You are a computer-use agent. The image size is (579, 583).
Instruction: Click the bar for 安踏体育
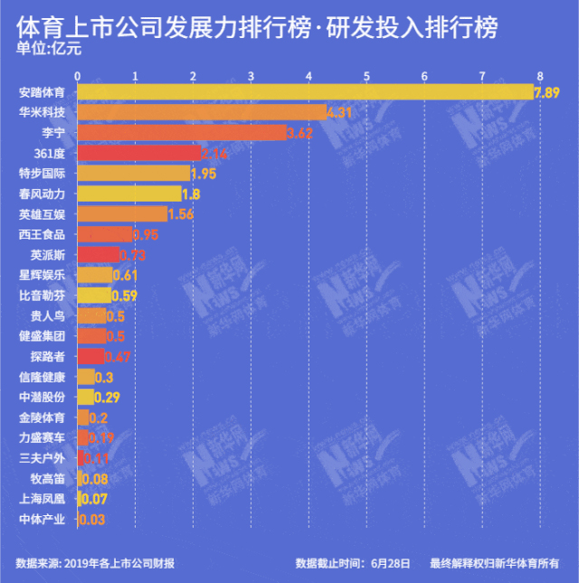tap(306, 92)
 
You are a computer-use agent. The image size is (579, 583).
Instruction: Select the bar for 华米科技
tap(202, 112)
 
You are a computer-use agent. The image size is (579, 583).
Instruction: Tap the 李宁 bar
tap(182, 133)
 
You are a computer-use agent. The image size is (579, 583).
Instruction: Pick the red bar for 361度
tap(139, 154)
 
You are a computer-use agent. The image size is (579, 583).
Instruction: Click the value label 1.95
tap(204, 174)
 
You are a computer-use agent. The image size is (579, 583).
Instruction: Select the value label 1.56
tap(182, 214)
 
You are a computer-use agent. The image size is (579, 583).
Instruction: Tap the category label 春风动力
tap(42, 193)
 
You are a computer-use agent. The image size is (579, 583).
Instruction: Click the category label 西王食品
tap(42, 234)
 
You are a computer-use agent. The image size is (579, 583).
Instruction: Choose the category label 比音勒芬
tap(42, 296)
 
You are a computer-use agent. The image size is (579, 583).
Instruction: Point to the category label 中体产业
tap(42, 519)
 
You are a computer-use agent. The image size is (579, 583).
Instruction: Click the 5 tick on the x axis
tap(367, 75)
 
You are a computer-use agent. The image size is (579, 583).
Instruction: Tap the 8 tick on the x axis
tap(540, 75)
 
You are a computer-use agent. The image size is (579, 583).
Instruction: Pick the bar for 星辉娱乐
tap(95, 275)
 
